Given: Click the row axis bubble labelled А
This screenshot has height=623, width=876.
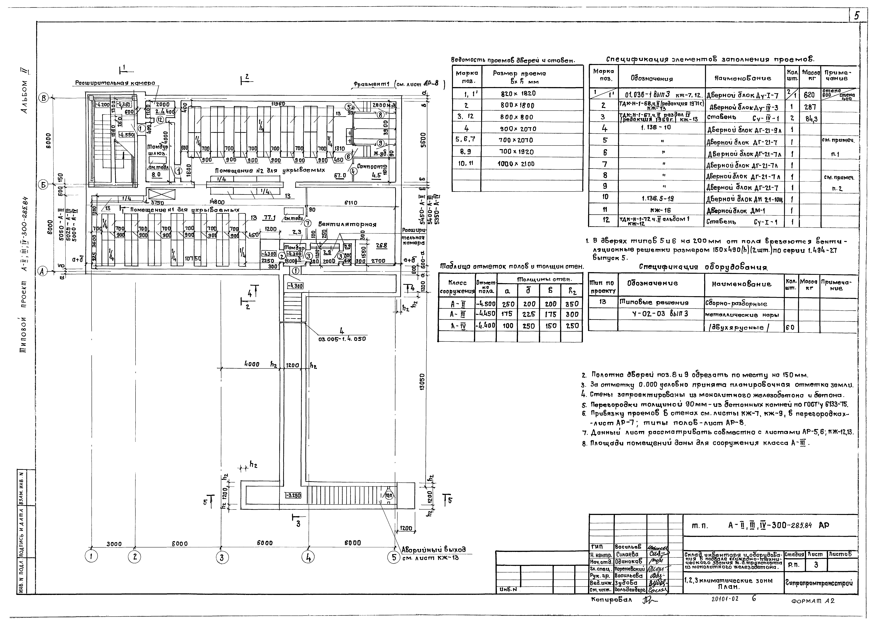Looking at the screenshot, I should click(43, 271).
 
